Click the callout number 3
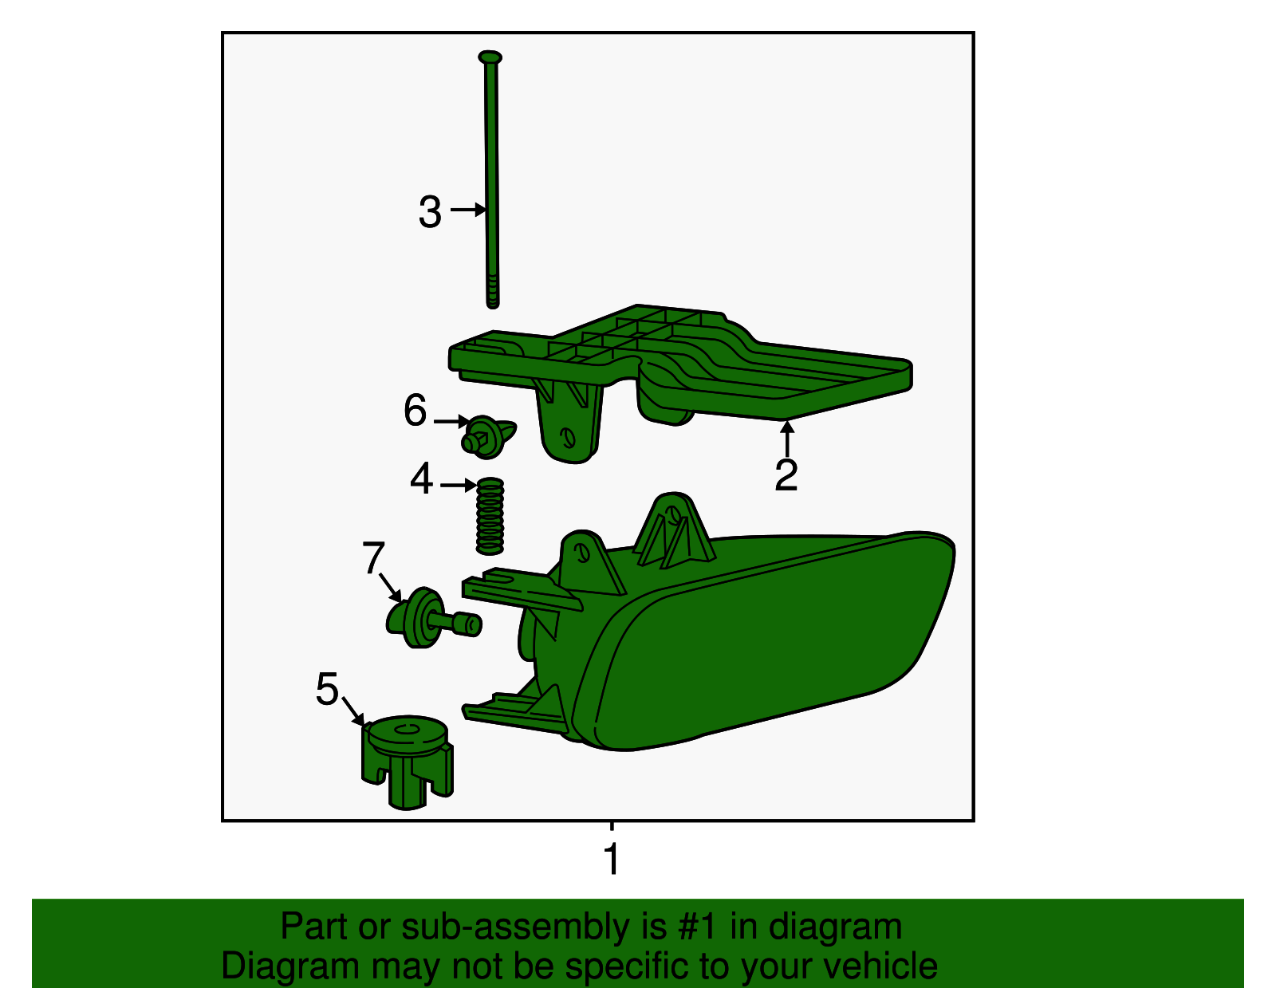click(430, 212)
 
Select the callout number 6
click(415, 410)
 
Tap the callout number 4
click(422, 478)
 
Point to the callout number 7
click(373, 557)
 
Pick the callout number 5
click(327, 688)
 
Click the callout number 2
click(786, 474)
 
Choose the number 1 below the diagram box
click(612, 860)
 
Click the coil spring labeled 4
click(490, 516)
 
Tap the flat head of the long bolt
click(490, 57)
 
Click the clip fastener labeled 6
click(486, 437)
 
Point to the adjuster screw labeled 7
click(433, 617)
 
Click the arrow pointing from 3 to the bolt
click(468, 210)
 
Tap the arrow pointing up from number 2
click(787, 439)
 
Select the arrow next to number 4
click(458, 486)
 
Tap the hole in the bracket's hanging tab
click(567, 437)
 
